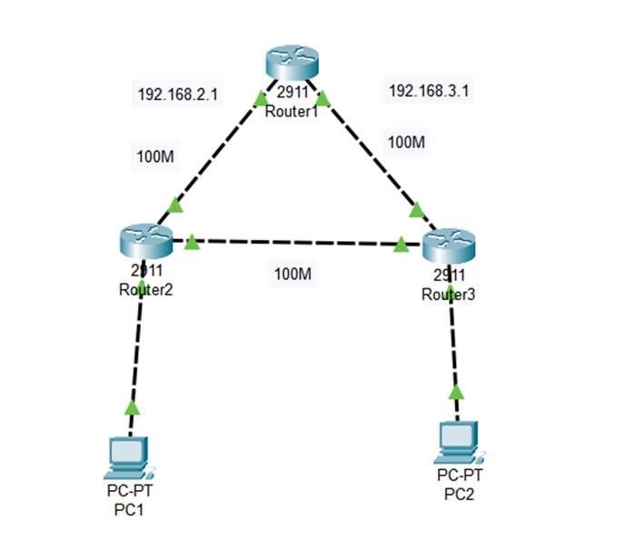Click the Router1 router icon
(x=292, y=63)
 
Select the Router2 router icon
(x=144, y=241)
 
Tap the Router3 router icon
(x=449, y=246)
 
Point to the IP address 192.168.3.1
(x=421, y=91)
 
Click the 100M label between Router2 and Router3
(x=293, y=272)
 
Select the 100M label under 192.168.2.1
(x=155, y=156)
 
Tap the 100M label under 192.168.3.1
(x=406, y=142)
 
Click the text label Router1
(x=292, y=112)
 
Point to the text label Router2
(x=145, y=290)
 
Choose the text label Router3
(x=448, y=295)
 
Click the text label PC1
(x=129, y=510)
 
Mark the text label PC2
(x=459, y=495)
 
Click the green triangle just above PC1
(x=133, y=406)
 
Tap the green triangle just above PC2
(x=456, y=392)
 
